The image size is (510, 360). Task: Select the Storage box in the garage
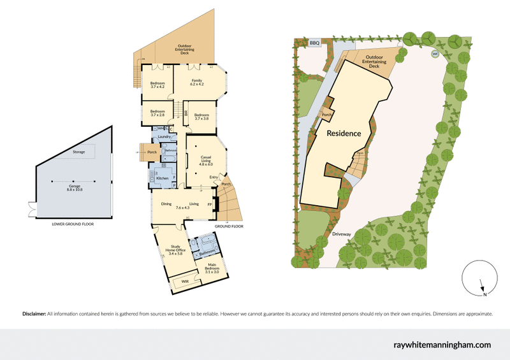[78, 152]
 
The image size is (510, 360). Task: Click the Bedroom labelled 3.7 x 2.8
[157, 113]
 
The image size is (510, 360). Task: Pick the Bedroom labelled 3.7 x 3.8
[201, 116]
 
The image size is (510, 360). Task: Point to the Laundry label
[164, 137]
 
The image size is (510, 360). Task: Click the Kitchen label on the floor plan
[162, 178]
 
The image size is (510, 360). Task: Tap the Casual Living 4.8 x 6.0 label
[206, 160]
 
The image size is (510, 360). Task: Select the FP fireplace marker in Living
[210, 205]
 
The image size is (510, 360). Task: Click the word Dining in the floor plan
[166, 204]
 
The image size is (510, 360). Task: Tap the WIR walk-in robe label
[185, 280]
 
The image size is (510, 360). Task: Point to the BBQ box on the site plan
[314, 43]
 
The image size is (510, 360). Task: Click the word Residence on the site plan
[344, 134]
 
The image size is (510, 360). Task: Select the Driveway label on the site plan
[341, 234]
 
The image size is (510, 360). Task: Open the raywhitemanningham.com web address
[443, 345]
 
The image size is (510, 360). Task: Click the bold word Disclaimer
[33, 314]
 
